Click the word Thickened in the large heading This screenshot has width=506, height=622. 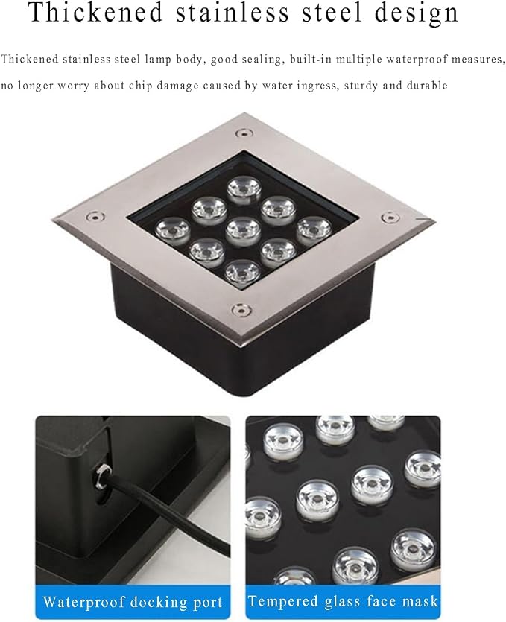click(x=96, y=13)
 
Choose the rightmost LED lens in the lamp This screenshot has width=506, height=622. click(x=314, y=229)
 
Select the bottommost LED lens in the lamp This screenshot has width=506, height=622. click(x=242, y=271)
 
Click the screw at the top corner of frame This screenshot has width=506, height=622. click(x=243, y=133)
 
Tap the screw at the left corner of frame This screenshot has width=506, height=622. click(x=95, y=217)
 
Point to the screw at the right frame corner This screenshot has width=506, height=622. click(x=390, y=217)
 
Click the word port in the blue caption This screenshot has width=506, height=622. click(x=206, y=603)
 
